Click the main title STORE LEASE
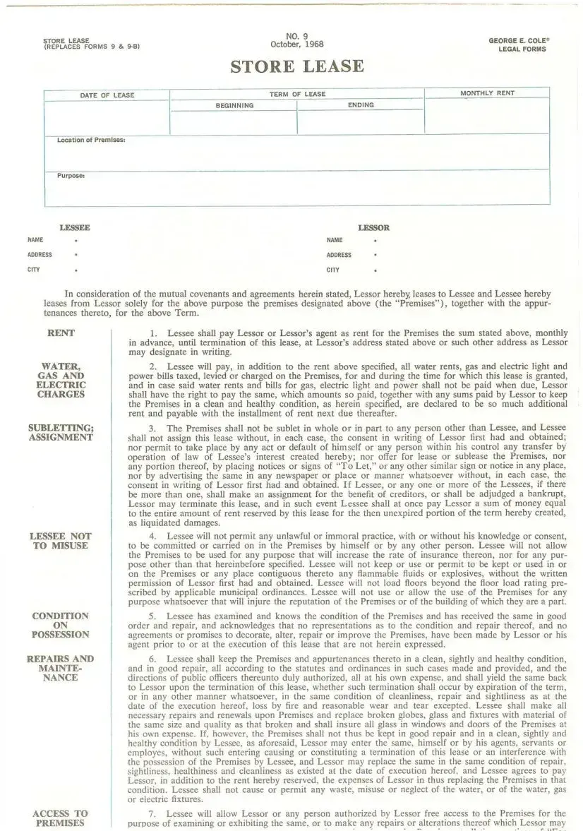click(x=297, y=67)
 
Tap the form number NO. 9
click(x=297, y=36)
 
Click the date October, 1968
click(x=297, y=44)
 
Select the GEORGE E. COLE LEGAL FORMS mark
click(x=519, y=45)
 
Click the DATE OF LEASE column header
click(x=107, y=95)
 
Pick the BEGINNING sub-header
click(x=234, y=106)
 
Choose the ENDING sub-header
click(x=361, y=105)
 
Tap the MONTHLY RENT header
click(x=487, y=93)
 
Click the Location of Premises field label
click(x=91, y=140)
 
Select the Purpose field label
click(x=71, y=176)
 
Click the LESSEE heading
click(x=75, y=228)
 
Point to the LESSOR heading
click(x=373, y=228)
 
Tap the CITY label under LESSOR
click(x=333, y=270)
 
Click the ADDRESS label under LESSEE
click(x=40, y=255)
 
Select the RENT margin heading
click(x=61, y=333)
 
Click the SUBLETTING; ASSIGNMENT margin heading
click(x=61, y=433)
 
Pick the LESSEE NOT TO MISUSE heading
click(x=61, y=541)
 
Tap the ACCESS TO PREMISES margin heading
click(x=61, y=818)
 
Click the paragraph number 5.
click(x=152, y=616)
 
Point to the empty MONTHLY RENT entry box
click(x=486, y=116)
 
